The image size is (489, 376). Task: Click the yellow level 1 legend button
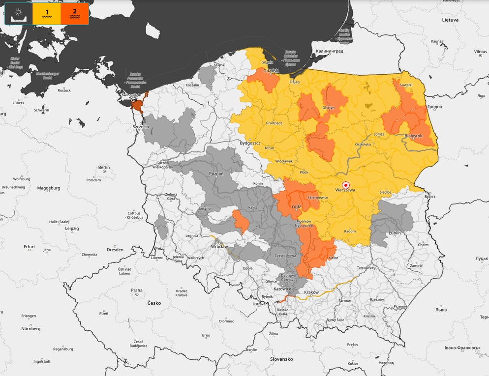(46, 14)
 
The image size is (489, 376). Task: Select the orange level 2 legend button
(74, 14)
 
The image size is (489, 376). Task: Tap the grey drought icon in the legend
(18, 14)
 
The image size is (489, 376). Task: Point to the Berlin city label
(104, 168)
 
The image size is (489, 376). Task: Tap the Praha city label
(136, 290)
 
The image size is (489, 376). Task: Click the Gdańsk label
(271, 71)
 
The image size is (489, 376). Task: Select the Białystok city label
(413, 135)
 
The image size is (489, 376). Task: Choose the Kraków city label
(311, 292)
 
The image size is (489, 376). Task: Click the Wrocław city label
(219, 246)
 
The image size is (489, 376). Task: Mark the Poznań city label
(216, 174)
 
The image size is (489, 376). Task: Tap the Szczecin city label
(141, 127)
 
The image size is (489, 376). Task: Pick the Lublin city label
(395, 232)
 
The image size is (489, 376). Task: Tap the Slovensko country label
(281, 359)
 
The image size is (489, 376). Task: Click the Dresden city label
(115, 250)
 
